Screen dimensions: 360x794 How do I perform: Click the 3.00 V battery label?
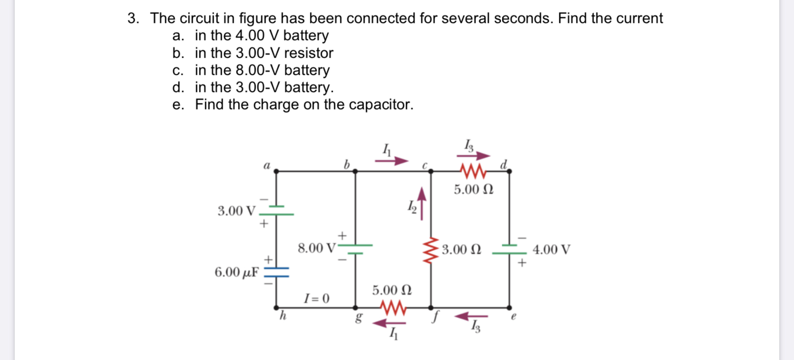pos(236,211)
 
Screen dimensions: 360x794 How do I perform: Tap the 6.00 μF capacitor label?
pos(237,272)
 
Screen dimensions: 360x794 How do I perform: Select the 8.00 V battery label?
pos(317,248)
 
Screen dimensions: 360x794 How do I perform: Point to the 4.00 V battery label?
pos(551,250)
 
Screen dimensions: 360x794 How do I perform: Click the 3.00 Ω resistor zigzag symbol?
pos(431,250)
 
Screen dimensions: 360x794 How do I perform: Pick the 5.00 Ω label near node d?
pos(473,190)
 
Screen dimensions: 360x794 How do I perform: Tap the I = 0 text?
pos(317,299)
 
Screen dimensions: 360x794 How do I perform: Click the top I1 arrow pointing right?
pos(391,161)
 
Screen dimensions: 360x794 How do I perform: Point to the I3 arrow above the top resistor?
pos(473,155)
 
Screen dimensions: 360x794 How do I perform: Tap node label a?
pos(267,166)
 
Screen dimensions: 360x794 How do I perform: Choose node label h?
pos(282,315)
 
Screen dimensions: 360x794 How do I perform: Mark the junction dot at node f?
pos(431,308)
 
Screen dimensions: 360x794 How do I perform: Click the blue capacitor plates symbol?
pos(277,272)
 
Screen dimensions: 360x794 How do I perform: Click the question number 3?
pos(133,18)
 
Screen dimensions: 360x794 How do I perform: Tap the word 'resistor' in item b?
pos(308,52)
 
